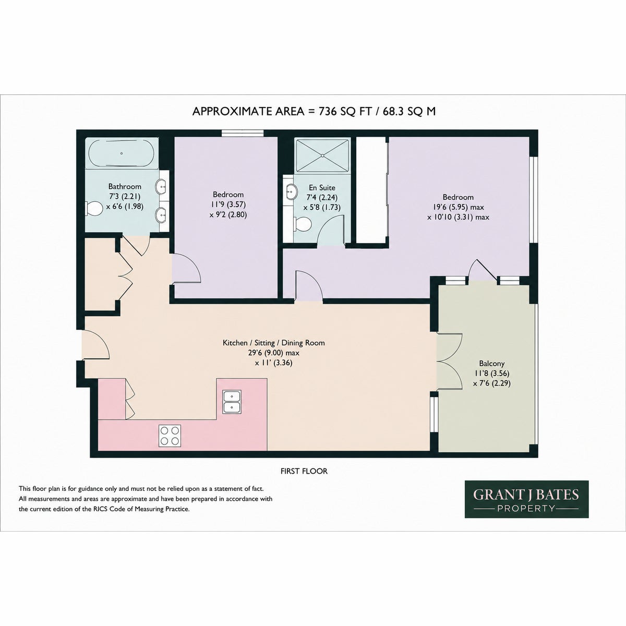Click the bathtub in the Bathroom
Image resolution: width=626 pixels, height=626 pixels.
point(122,153)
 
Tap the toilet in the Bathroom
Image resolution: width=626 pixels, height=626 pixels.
point(94,208)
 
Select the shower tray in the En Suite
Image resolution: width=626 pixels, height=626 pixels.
point(322,155)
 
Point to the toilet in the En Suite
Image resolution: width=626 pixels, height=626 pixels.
point(303,224)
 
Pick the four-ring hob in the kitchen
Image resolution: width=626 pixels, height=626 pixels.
point(170,436)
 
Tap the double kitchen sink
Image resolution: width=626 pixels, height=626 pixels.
point(232,402)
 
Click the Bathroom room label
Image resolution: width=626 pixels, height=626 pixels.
point(125,186)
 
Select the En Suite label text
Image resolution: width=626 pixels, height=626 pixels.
point(322,187)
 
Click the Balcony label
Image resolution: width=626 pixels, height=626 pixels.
point(492,363)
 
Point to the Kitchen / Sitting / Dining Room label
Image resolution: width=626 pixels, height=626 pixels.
point(273,343)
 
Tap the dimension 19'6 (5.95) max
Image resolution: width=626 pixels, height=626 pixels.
point(463,207)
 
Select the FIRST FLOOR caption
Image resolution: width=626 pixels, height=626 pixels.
point(304,471)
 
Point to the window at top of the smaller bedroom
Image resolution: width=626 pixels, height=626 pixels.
point(243,133)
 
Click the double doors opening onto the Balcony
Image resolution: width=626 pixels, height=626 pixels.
point(450,361)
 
